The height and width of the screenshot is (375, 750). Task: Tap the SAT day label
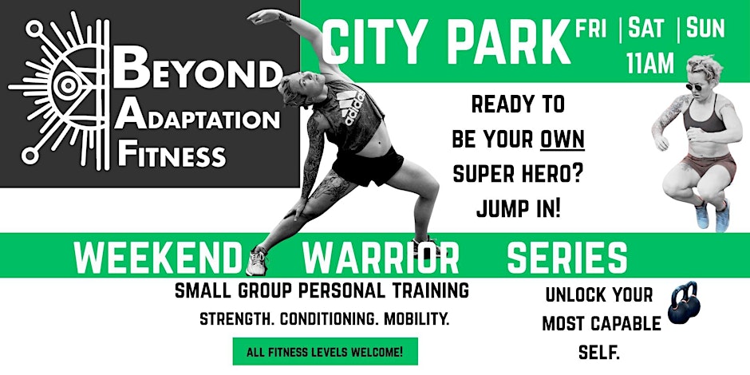646,30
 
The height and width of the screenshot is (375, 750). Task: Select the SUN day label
705,30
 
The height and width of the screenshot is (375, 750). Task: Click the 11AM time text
649,63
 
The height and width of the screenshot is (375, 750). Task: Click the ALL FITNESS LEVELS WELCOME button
325,350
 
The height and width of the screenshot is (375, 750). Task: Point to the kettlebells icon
682,305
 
